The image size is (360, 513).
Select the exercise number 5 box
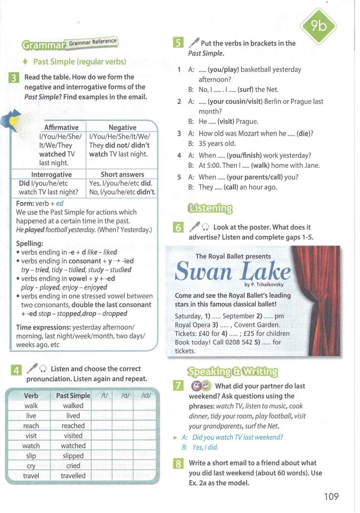click(177, 43)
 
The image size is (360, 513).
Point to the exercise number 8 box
click(177, 463)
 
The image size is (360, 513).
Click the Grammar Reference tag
click(93, 42)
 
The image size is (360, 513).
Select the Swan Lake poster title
click(233, 273)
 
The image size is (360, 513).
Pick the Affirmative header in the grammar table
click(61, 127)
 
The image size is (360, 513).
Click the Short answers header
click(122, 174)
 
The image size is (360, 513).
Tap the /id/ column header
click(146, 395)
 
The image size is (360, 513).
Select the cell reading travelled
click(73, 475)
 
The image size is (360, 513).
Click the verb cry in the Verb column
click(31, 465)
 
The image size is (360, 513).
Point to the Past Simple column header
click(73, 395)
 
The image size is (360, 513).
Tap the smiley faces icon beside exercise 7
click(199, 386)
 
